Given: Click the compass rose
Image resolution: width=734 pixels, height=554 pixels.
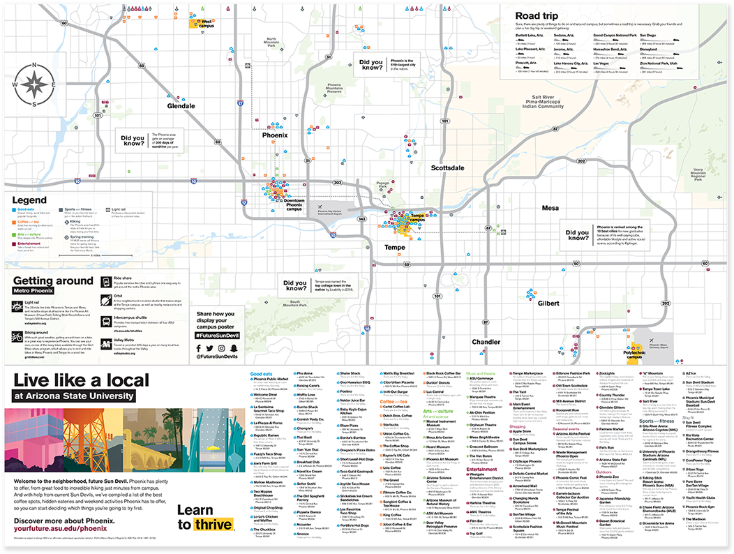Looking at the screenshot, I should pos(34,84).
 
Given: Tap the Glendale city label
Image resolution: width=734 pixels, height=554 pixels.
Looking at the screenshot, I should pos(181,106).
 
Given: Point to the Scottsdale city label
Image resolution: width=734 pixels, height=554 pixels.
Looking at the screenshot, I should pos(447,168).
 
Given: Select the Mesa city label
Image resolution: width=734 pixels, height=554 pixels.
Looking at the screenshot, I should pos(550,207).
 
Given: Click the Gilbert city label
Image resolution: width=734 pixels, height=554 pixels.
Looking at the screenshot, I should pos(548,303).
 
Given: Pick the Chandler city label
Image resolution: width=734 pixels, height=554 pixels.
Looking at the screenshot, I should pos(486,342).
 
